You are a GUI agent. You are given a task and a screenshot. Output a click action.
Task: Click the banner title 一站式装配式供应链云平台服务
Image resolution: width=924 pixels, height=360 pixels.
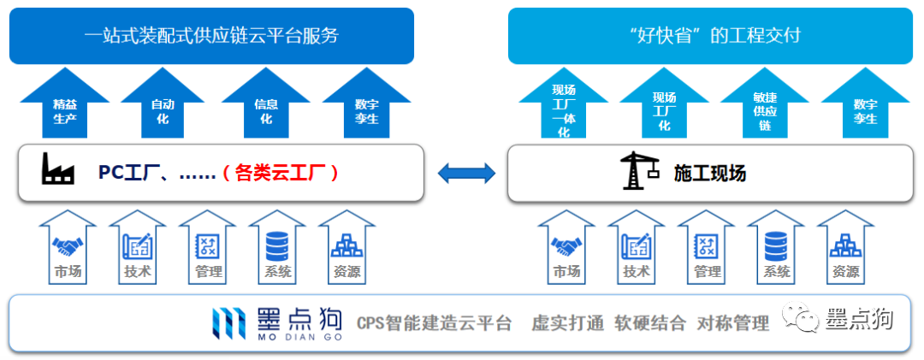211,35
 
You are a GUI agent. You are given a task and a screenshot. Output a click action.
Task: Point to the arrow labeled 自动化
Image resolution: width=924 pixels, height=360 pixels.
163,107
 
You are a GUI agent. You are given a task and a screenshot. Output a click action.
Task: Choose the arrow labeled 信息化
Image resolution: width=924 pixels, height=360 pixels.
266,107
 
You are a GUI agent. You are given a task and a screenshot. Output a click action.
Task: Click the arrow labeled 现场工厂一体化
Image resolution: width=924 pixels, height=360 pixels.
563,107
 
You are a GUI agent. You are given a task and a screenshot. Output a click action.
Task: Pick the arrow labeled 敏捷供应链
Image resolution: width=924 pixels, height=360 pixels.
764,107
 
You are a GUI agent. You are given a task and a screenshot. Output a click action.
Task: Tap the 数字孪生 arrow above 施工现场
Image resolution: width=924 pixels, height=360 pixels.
865,107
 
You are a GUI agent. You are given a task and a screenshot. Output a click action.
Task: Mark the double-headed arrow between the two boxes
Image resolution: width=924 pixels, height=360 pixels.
466,173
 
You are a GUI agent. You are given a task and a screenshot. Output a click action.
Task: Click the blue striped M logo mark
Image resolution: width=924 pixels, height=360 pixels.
229,322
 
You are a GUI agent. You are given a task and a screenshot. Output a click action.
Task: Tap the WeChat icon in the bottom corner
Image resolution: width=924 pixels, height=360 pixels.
803,321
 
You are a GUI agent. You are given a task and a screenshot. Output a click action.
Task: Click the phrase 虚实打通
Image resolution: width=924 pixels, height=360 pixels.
567,323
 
